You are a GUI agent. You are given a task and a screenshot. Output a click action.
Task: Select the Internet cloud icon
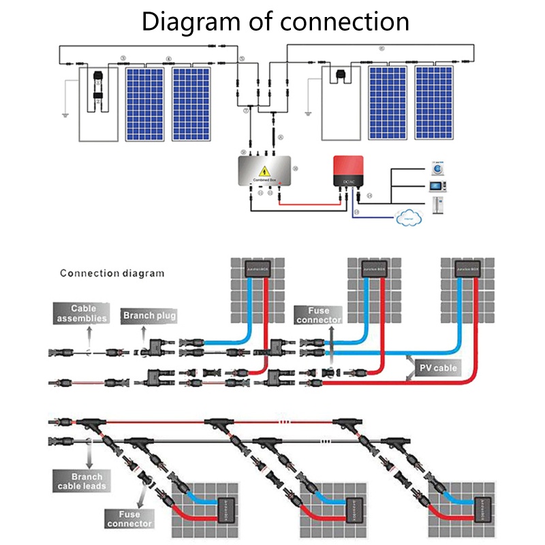(x=409, y=217)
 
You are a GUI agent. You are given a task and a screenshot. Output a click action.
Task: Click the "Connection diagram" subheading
(x=112, y=274)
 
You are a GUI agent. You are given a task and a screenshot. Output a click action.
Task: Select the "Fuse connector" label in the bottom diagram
(x=129, y=518)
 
